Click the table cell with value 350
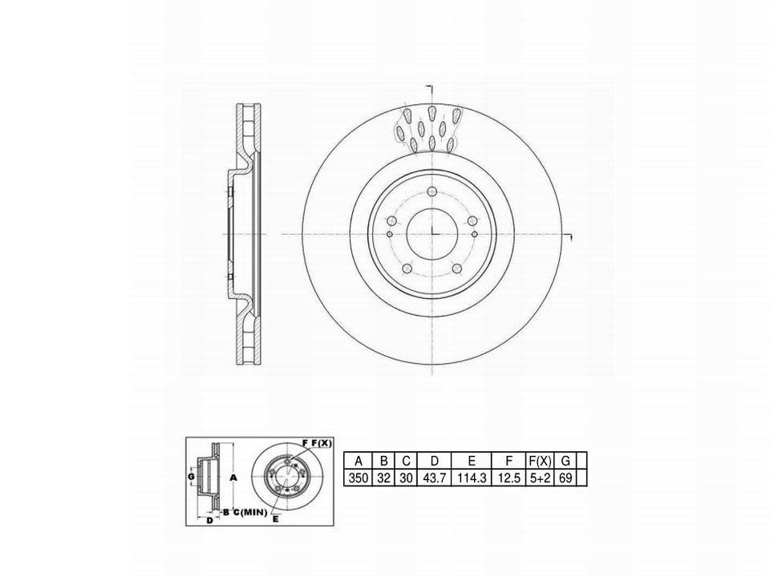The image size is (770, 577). (x=358, y=478)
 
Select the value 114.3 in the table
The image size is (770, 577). (x=472, y=478)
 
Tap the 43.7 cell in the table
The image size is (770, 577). (x=434, y=478)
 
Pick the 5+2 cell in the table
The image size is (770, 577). (x=540, y=478)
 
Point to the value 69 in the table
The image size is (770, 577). (x=565, y=478)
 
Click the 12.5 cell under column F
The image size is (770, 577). (x=509, y=478)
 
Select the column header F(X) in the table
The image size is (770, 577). (x=540, y=461)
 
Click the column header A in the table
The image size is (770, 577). (x=359, y=461)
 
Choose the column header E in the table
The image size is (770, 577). (x=472, y=461)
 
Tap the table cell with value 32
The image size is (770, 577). (x=383, y=478)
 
